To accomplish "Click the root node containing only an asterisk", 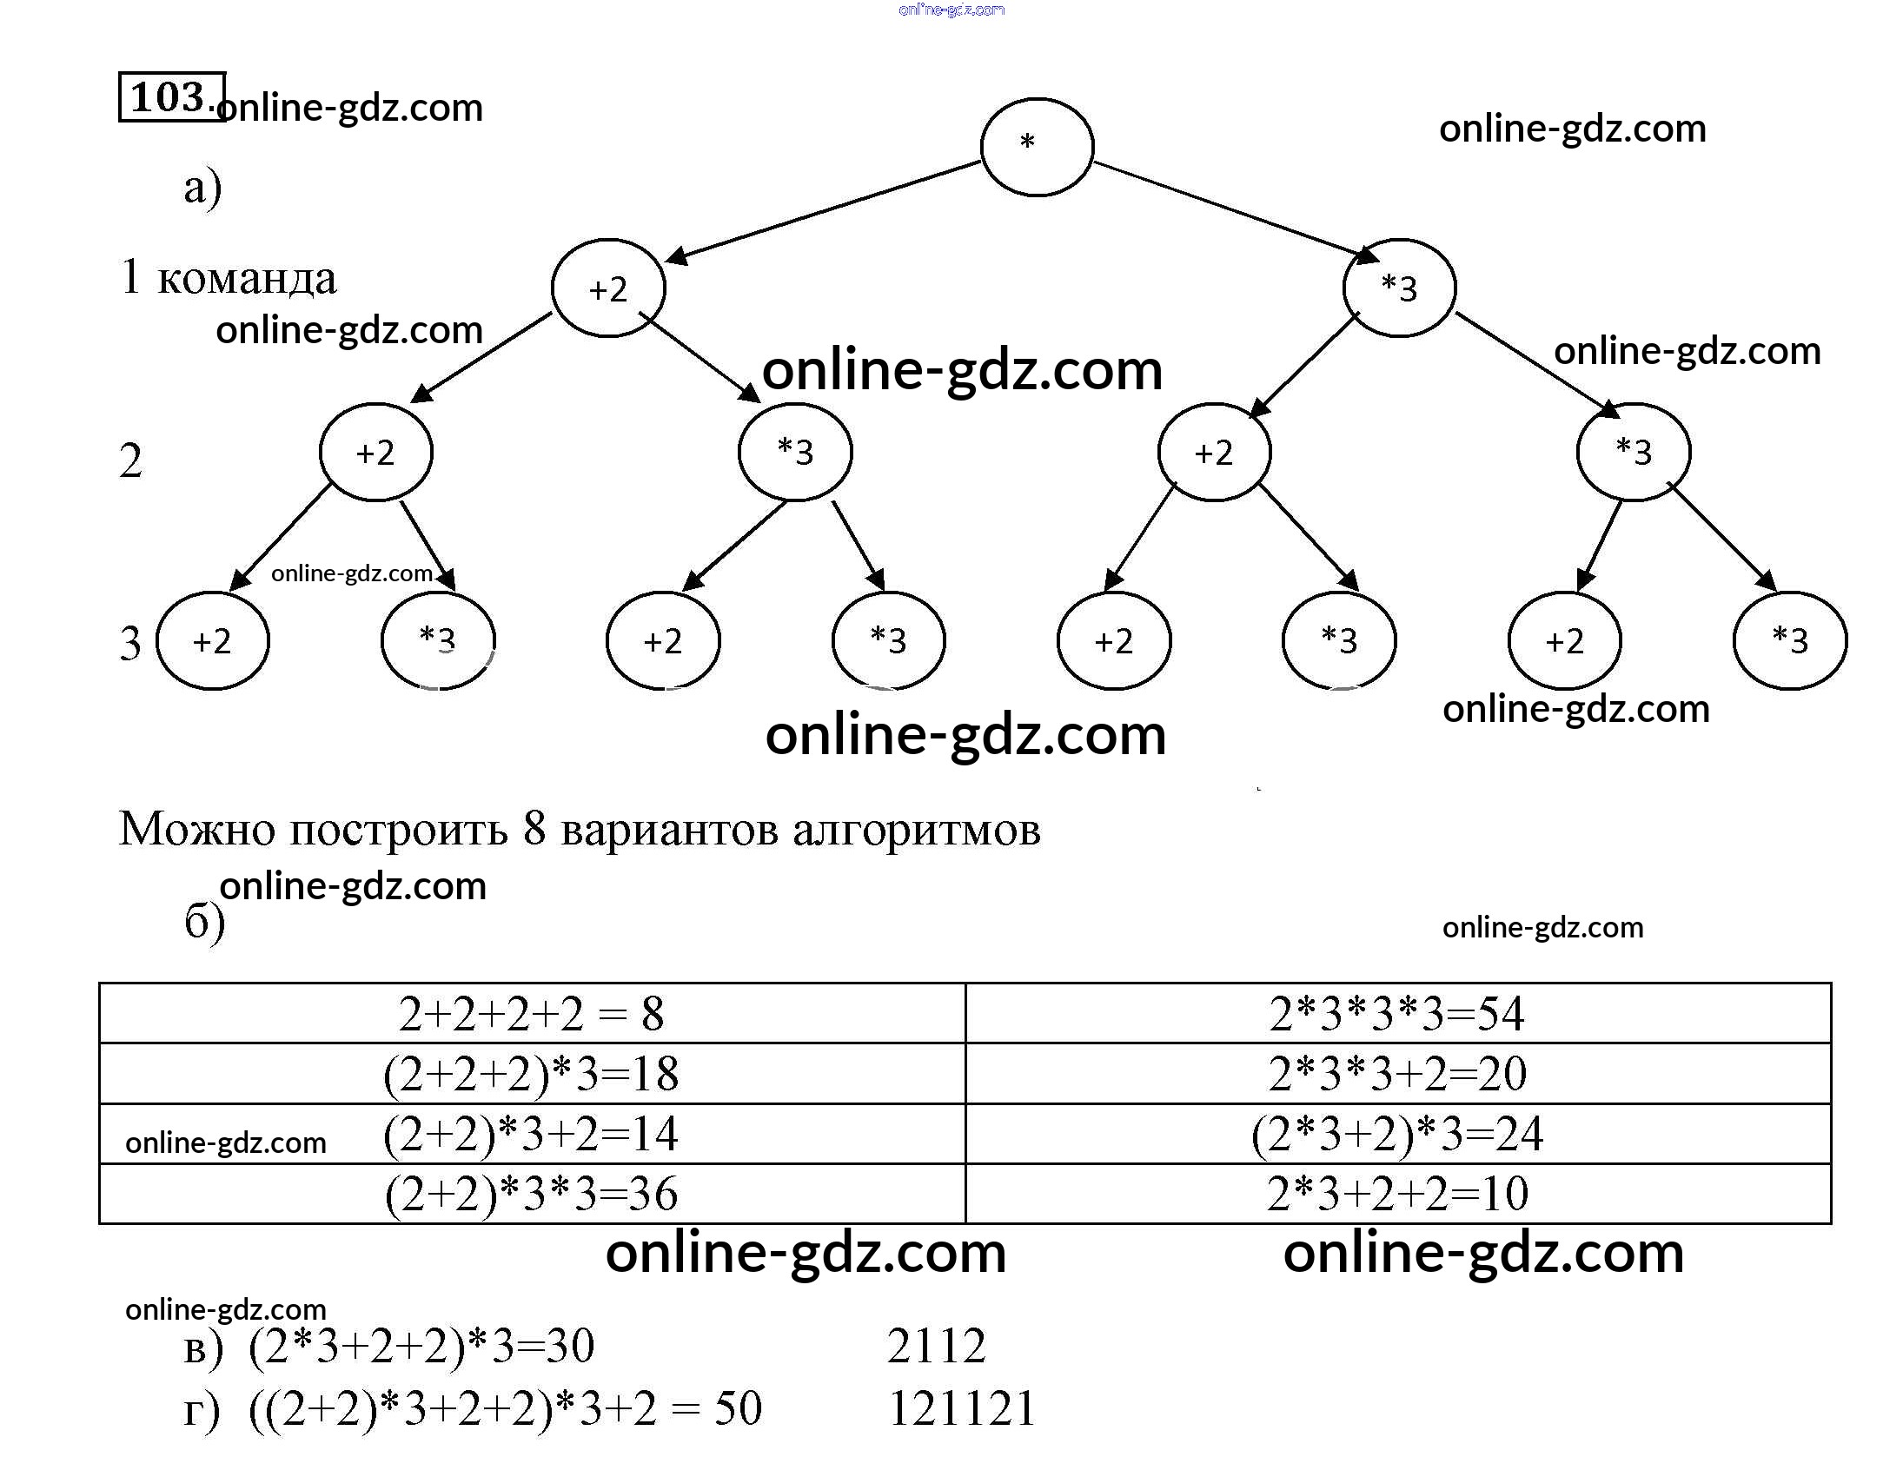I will point(1036,147).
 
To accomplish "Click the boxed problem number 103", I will point(171,96).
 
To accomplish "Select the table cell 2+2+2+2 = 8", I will point(531,1014).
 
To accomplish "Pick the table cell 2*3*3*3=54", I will point(1396,1014).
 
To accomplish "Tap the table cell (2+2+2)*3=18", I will point(531,1074).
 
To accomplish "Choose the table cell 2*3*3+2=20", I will point(1396,1074).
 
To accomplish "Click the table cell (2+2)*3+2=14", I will point(531,1134).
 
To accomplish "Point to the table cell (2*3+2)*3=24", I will point(1396,1134).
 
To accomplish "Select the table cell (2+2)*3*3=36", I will point(531,1194).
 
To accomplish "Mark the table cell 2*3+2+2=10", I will point(1396,1194).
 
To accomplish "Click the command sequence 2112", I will point(936,1346).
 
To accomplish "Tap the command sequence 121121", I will point(962,1408).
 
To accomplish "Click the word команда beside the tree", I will point(247,279).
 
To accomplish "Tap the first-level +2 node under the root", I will point(608,288).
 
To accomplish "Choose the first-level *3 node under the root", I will point(1399,288).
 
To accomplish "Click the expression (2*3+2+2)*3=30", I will point(421,1346).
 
